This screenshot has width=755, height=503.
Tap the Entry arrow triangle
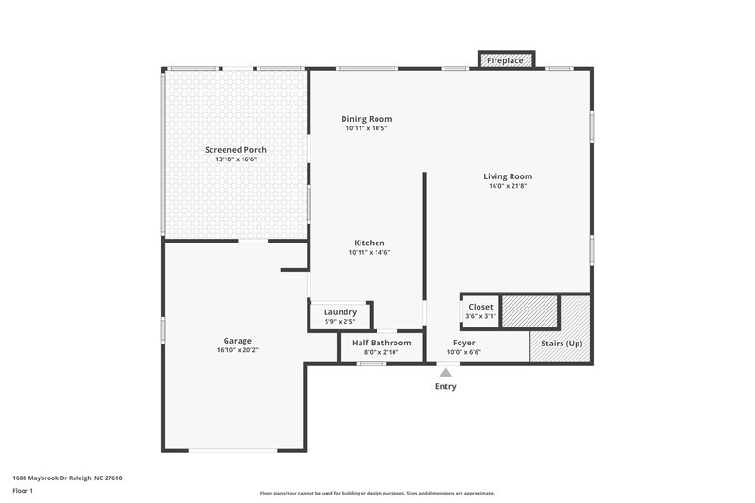445,373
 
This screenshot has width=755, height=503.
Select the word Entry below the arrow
445,387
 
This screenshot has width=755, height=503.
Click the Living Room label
508,176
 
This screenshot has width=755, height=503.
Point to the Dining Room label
366,119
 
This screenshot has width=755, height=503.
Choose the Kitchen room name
369,243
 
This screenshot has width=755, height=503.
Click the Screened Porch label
236,150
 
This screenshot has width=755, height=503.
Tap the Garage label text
237,341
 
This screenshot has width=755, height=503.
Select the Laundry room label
340,312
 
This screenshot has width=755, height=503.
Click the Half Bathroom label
381,343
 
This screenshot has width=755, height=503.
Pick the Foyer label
463,343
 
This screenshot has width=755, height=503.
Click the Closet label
480,307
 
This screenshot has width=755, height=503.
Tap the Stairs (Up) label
561,343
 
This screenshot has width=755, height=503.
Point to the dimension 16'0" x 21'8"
508,187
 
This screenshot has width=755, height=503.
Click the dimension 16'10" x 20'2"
237,350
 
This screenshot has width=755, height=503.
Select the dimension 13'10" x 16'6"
236,159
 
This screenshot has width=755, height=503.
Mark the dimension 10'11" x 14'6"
369,252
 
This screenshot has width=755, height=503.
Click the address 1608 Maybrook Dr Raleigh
67,478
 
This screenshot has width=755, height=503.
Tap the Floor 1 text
24,491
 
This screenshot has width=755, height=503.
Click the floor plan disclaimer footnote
377,493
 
